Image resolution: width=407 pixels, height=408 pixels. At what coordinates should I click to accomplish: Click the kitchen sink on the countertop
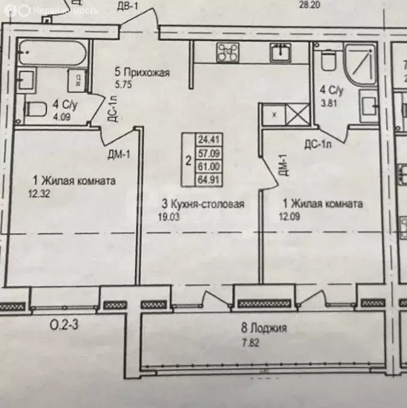coord(279,52)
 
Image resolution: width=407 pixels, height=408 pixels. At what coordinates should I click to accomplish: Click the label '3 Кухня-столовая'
coord(203,204)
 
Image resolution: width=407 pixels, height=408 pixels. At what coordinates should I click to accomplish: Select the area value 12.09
coord(290,216)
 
